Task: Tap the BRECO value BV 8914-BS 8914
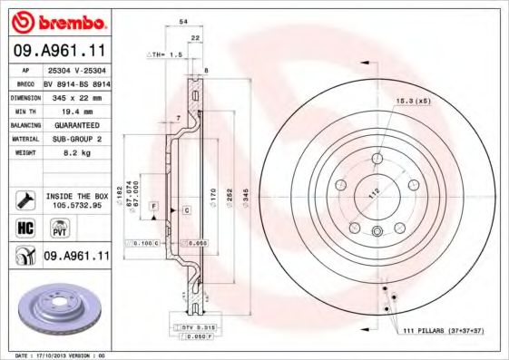point(75,83)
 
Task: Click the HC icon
point(24,229)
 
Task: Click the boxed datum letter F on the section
point(154,208)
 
